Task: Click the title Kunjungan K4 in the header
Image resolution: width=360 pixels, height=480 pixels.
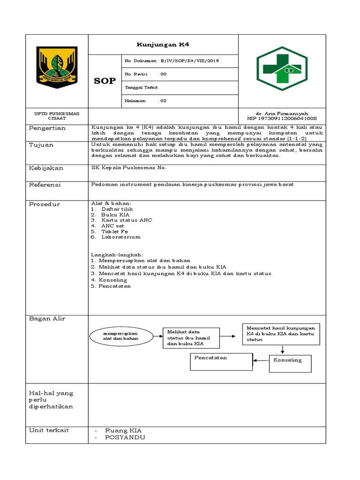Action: [163, 45]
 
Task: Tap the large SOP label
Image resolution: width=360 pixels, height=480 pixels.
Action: [105, 81]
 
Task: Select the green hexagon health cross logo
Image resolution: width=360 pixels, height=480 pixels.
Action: [282, 68]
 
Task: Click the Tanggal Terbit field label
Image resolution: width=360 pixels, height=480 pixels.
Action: [141, 88]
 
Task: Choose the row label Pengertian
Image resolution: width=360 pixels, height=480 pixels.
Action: [47, 128]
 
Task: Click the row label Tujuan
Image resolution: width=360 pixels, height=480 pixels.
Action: [41, 145]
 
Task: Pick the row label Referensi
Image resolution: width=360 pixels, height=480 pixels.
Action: [45, 185]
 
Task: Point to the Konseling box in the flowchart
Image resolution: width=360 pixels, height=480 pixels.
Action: [290, 360]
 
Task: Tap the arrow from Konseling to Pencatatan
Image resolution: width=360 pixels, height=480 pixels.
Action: [260, 360]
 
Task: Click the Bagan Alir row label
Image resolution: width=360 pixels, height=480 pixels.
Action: [47, 319]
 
